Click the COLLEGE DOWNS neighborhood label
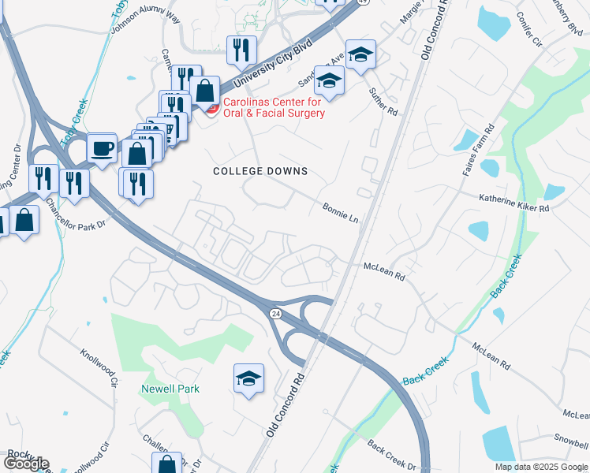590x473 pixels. tap(260, 171)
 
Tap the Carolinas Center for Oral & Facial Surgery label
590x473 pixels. tap(273, 108)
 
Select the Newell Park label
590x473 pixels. tap(170, 389)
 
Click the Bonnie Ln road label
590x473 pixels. tap(341, 212)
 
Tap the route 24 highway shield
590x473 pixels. tap(274, 314)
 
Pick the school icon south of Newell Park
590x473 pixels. tap(248, 378)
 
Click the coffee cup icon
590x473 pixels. tap(102, 147)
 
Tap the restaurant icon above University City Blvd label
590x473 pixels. tap(241, 50)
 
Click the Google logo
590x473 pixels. tap(26, 464)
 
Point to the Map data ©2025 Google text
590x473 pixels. tap(541, 467)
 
